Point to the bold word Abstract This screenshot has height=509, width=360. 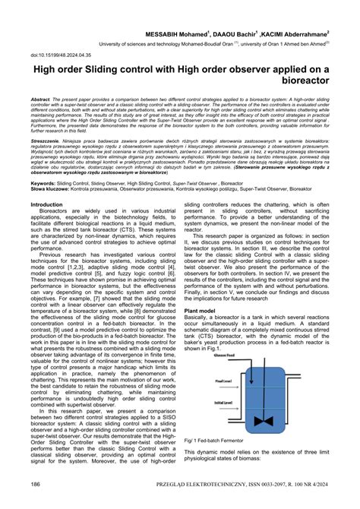pos(41,100)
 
